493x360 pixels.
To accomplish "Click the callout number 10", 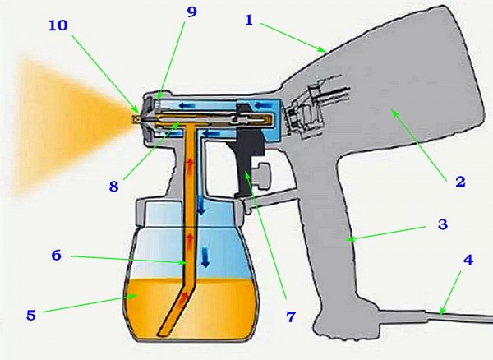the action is point(58,25).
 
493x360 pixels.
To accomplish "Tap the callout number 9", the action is point(191,12).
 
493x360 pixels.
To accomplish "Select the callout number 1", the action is point(249,21).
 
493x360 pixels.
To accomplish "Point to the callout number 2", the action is point(460,182).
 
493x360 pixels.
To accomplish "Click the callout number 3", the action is point(443,224).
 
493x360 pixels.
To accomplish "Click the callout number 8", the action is point(114,186).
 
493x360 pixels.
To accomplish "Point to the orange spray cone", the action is point(69,126).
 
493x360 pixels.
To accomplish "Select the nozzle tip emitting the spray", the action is point(136,119).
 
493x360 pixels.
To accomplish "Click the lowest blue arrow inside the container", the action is point(205,257).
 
